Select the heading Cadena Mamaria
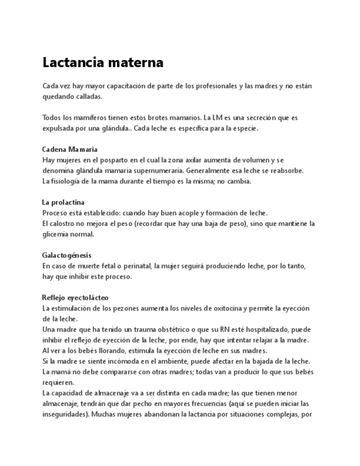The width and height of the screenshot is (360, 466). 70,149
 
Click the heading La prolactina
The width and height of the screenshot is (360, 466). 63,202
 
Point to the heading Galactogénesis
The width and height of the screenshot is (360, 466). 67,256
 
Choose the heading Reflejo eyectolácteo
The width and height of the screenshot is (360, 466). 75,298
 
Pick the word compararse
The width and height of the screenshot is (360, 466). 116,372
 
